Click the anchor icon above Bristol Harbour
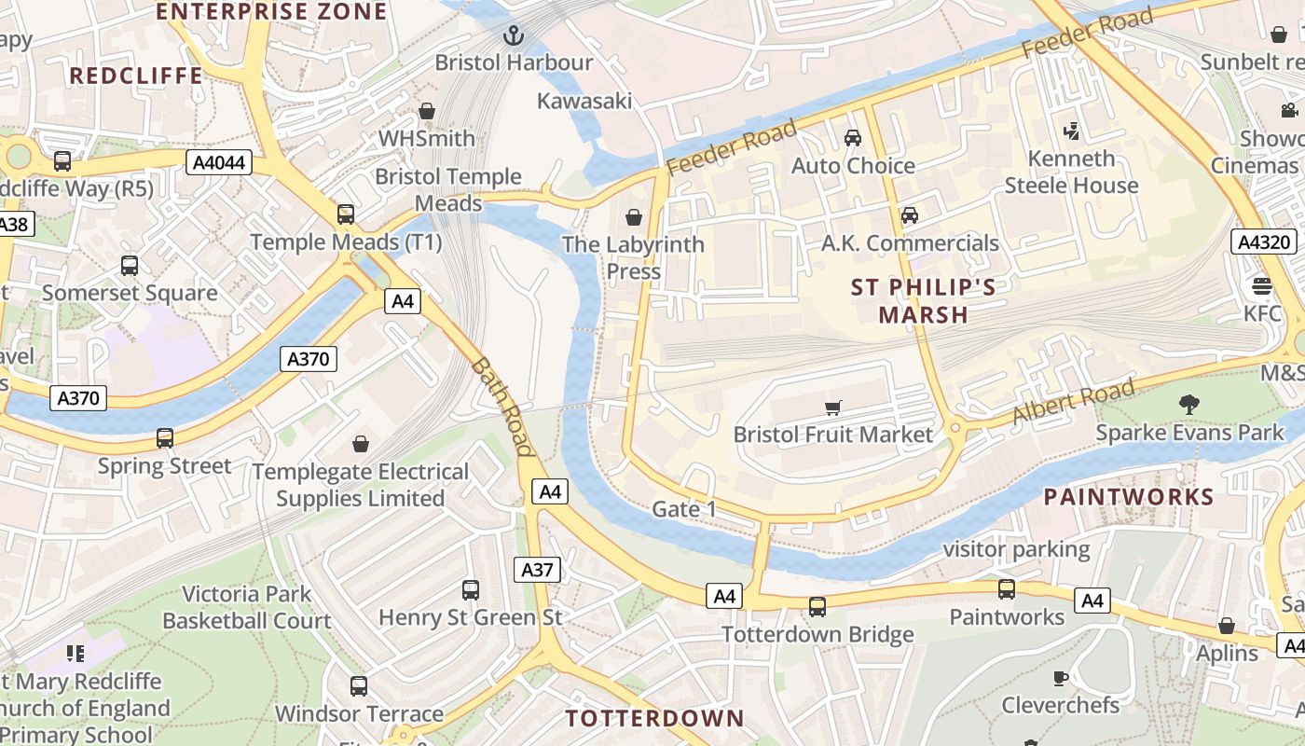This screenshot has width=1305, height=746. pos(513,36)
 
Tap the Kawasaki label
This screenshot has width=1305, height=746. pos(584,101)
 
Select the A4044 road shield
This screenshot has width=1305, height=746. pos(219,163)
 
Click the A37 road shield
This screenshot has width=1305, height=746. pos(538,570)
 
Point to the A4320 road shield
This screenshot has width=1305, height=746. pos(1264,242)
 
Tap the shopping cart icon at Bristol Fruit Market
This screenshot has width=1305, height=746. pos(833,408)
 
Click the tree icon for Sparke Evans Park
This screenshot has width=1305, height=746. pos(1188,405)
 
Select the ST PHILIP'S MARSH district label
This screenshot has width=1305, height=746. pos(923,300)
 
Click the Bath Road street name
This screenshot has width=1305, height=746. pos(502,407)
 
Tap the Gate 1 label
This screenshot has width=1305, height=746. pos(684,509)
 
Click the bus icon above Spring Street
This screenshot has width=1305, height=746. pos(165,437)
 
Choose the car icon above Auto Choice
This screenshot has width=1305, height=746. pos(852,138)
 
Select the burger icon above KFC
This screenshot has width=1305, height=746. pos(1262,285)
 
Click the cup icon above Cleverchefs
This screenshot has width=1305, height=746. pos(1060,678)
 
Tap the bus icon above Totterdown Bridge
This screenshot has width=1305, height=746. pos(817,606)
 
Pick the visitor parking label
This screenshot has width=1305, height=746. pos(1016,549)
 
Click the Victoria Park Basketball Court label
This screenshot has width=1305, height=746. pos(247,607)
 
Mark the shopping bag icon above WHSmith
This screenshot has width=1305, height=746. pos(427,111)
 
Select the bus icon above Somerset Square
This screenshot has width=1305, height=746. pos(130,265)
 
